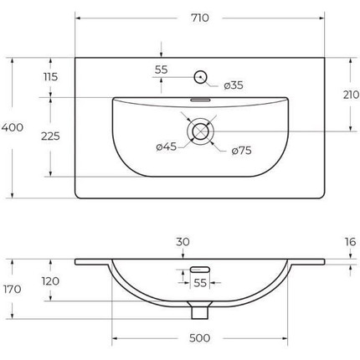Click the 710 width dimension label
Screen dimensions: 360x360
click(200, 18)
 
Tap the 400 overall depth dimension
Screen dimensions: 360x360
click(13, 127)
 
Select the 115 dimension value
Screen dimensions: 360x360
click(50, 77)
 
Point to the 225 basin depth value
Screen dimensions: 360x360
click(50, 136)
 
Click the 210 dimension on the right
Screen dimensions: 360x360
click(351, 95)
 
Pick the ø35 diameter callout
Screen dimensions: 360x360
click(234, 85)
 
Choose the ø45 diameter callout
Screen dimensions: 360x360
click(167, 147)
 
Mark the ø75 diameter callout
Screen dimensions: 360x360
click(241, 151)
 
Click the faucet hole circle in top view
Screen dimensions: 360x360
click(200, 77)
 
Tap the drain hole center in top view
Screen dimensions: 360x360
click(200, 131)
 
